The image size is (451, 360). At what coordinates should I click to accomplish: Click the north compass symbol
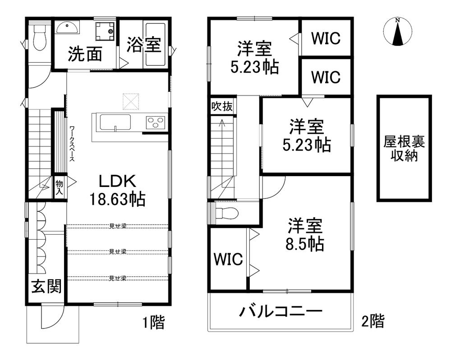point(397,32)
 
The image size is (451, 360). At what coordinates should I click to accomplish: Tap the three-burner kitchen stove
point(156,122)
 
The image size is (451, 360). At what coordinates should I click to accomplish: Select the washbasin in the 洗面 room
point(67,28)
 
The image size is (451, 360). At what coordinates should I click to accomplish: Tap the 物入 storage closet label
point(59,187)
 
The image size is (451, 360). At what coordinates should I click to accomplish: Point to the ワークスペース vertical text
point(72,143)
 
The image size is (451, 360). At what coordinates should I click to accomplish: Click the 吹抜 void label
point(222,106)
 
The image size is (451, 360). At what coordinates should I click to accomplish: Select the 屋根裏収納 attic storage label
point(404,148)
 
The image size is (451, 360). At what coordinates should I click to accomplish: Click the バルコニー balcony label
point(281,311)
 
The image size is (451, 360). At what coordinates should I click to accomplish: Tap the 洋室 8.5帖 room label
point(305,234)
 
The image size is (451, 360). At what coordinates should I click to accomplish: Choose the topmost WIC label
point(326,38)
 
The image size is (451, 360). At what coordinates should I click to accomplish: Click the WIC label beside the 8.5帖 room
point(228,259)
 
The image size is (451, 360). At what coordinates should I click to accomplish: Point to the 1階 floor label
point(154,322)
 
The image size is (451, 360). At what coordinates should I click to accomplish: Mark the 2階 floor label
point(373,321)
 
